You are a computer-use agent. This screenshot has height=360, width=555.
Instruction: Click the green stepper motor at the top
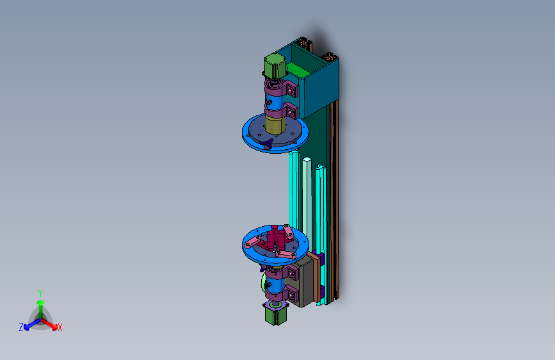pyautogui.click(x=275, y=66)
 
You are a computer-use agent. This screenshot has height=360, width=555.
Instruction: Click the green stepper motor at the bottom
pyautogui.click(x=276, y=316)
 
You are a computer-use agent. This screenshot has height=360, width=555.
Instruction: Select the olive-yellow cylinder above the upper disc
pyautogui.click(x=275, y=124)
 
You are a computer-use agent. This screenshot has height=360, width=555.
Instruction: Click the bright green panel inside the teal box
pyautogui.click(x=298, y=70)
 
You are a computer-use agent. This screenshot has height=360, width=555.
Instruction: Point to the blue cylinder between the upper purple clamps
pyautogui.click(x=274, y=102)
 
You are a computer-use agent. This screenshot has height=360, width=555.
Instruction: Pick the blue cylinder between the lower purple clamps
pyautogui.click(x=275, y=284)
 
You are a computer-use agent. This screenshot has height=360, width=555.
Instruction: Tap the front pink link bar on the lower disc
pyautogui.click(x=286, y=254)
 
